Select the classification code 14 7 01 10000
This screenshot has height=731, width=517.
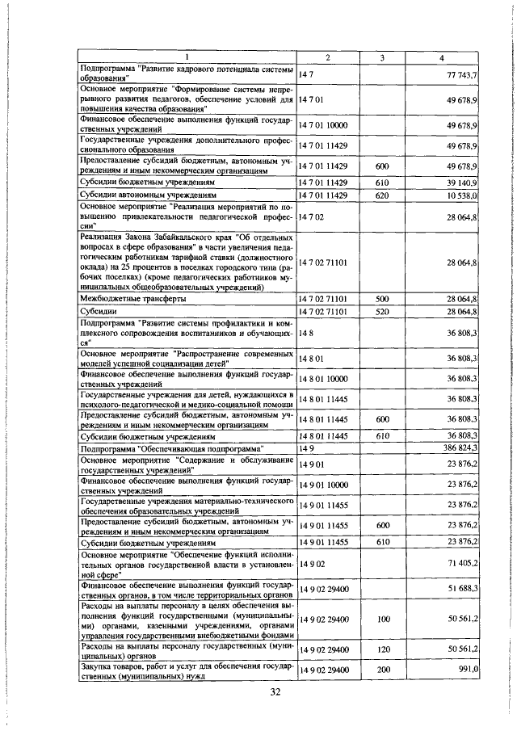pos(328,127)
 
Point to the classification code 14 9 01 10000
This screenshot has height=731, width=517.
pos(328,485)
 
